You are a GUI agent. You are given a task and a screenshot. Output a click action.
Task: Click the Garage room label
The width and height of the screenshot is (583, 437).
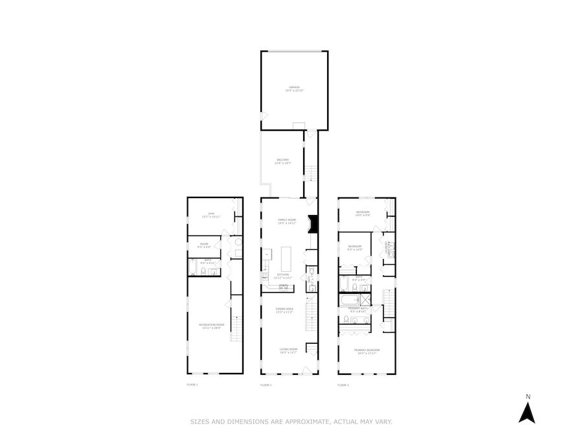[x=294, y=89]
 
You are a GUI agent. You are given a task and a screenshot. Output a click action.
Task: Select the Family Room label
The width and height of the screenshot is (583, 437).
[x=286, y=221]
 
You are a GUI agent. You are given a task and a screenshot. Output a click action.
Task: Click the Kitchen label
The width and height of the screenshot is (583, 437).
[x=284, y=276]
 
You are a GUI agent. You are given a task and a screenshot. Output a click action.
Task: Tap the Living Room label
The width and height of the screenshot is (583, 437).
[x=288, y=351]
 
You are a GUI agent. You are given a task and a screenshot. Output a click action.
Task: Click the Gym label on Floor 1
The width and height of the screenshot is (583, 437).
[x=211, y=214]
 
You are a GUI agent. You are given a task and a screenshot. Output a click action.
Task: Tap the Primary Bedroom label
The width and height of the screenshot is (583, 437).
[x=367, y=351]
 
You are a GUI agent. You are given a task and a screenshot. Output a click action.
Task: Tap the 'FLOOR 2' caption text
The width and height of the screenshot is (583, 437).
[x=266, y=385]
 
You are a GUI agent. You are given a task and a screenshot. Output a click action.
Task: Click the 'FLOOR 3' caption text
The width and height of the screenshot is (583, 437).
[x=343, y=385]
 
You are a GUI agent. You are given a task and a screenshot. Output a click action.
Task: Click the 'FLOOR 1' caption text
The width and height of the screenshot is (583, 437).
[x=192, y=385]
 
